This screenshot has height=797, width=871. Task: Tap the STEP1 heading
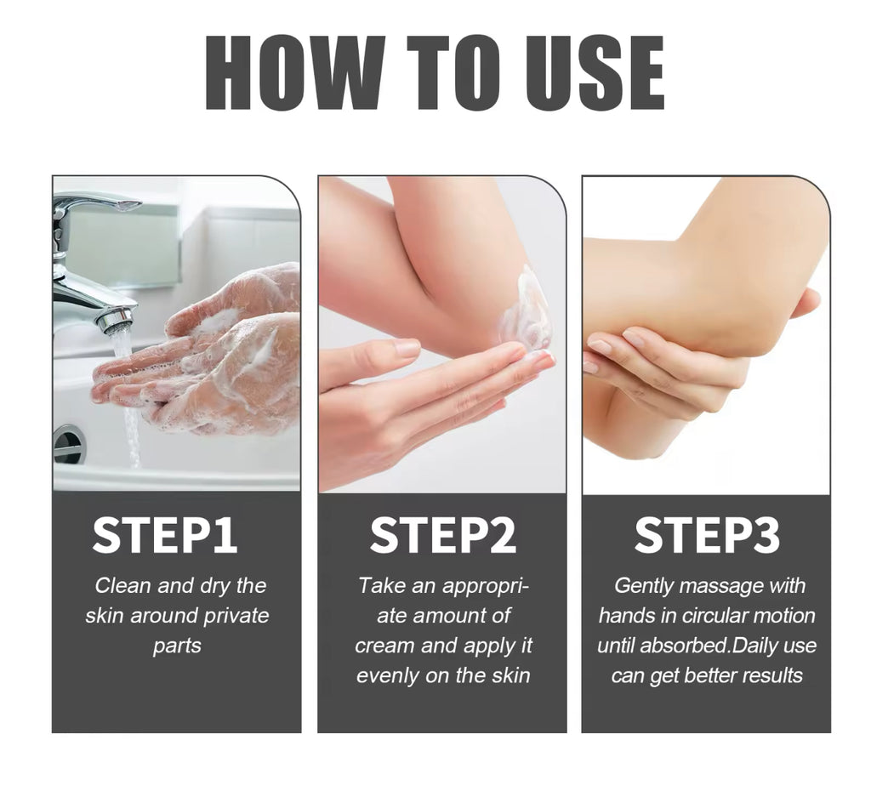[164, 535]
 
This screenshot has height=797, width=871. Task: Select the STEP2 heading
[442, 535]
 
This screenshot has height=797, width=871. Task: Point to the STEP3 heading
[707, 535]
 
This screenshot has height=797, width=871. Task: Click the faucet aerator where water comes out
[115, 321]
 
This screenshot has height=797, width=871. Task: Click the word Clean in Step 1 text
[122, 586]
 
